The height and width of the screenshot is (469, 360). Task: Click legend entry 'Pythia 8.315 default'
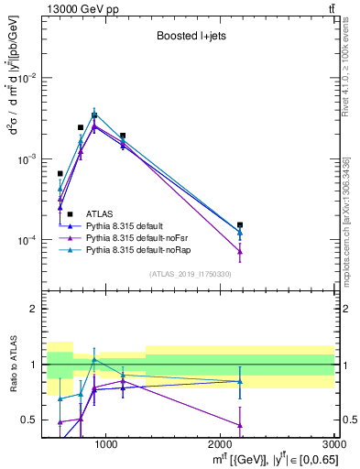pos(129,224)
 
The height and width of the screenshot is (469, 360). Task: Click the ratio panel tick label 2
pos(35,309)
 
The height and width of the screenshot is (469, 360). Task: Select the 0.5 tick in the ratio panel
pos(31,420)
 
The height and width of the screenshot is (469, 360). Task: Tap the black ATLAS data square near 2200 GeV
pos(240,224)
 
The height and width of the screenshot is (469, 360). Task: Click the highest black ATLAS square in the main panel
pos(93,116)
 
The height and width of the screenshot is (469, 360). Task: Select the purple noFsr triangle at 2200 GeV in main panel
pos(240,251)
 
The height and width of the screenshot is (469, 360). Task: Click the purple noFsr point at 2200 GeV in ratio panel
pos(240,425)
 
